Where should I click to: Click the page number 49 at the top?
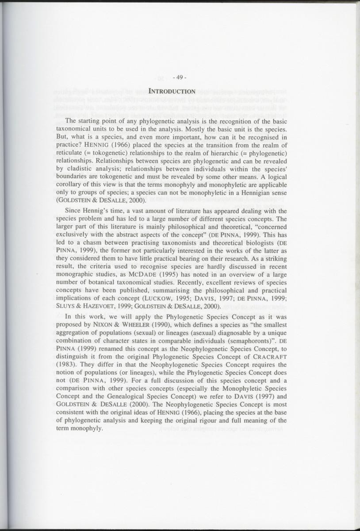[180, 78]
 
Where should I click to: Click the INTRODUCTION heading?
[172, 92]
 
